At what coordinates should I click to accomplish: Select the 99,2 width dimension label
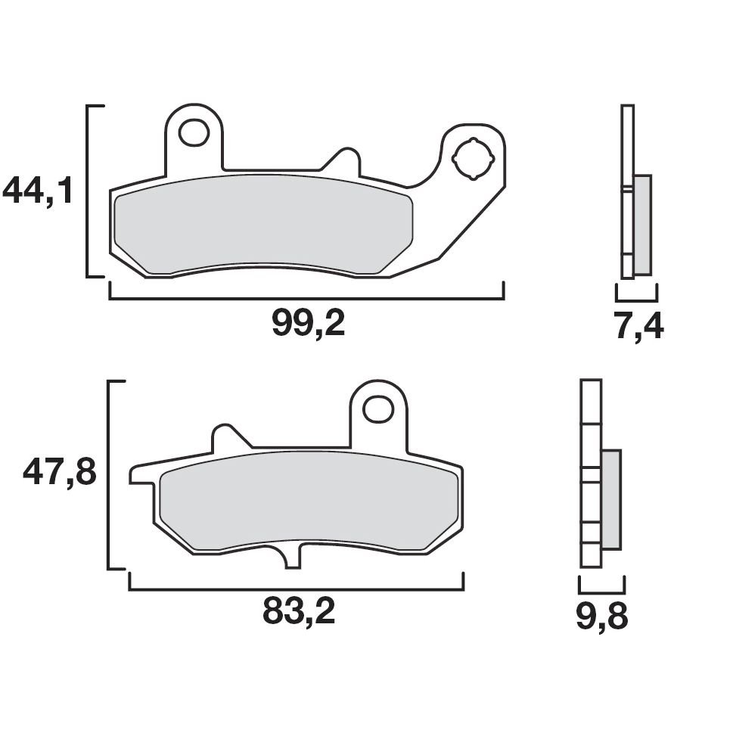point(308,325)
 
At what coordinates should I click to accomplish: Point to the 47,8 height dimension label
point(59,474)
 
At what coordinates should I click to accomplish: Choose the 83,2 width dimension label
point(298,612)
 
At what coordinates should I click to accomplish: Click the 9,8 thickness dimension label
point(601,617)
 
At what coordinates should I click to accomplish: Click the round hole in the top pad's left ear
point(194,133)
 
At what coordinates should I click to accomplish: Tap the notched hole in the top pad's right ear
point(473,159)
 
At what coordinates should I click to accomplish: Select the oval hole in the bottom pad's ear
point(377,409)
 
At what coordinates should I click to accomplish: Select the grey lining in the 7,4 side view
point(641,225)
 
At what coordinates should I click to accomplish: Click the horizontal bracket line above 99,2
point(306,298)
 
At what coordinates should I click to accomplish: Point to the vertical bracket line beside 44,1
point(89,191)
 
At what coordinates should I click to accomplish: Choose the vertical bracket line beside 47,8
point(110,474)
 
